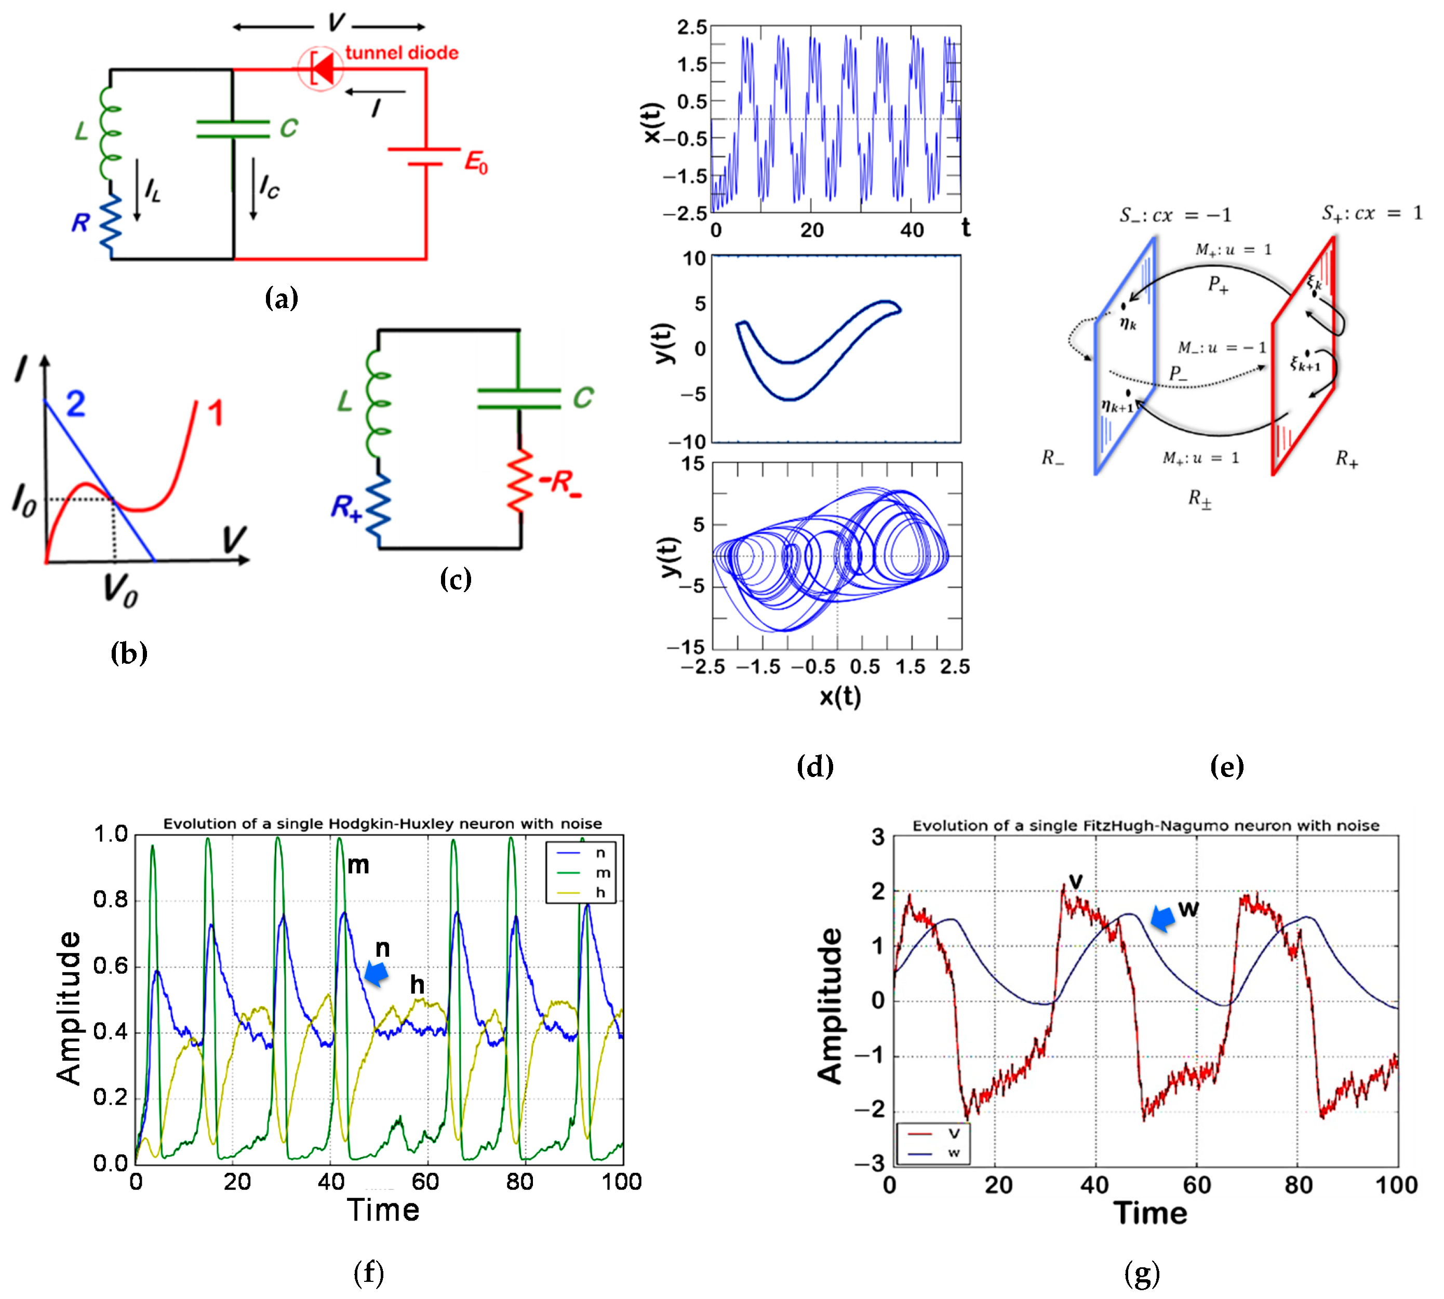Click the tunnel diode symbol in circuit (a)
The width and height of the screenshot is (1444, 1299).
pyautogui.click(x=320, y=69)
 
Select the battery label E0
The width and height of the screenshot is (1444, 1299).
pyautogui.click(x=476, y=163)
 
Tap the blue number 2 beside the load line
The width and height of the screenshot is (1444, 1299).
pyautogui.click(x=76, y=404)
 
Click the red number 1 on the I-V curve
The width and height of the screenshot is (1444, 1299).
pyautogui.click(x=215, y=413)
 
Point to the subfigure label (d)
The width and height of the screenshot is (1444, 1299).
pyautogui.click(x=814, y=767)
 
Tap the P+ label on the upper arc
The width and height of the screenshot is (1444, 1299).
pyautogui.click(x=1218, y=285)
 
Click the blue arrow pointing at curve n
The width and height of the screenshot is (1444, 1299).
pyautogui.click(x=376, y=973)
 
